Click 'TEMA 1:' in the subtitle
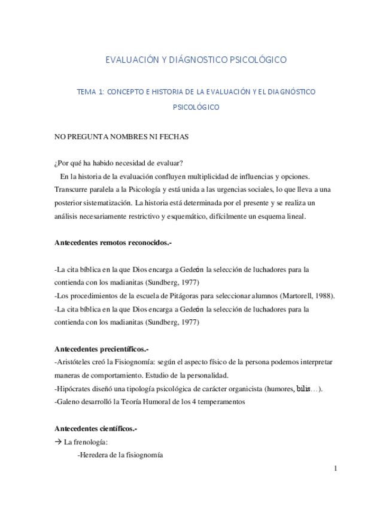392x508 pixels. pos(91,92)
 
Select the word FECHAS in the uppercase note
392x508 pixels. pos(174,137)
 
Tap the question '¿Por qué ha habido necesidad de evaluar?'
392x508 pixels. pos(118,164)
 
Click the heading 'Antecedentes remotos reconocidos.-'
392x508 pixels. pos(114,243)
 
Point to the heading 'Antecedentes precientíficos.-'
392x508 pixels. pos(102,349)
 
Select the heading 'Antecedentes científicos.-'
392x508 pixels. pos(96,428)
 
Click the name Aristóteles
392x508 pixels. pos(74,362)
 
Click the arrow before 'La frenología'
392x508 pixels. pos(58,442)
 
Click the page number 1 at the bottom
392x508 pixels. pos(336,468)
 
